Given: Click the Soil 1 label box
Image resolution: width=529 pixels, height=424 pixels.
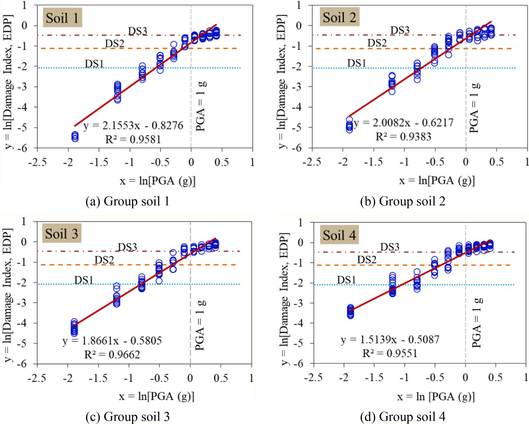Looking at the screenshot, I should (62, 18).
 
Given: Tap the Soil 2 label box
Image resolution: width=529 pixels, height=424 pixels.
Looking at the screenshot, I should (339, 18).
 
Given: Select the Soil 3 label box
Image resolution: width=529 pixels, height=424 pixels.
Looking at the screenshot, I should (62, 234).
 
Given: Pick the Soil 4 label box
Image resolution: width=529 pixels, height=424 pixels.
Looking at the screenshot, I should (339, 235).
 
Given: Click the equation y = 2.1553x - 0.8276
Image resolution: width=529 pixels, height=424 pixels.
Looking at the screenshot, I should (133, 126).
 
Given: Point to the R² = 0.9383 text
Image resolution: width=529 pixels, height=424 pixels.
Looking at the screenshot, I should (403, 136).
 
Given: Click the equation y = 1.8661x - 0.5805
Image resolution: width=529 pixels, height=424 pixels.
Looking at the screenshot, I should (112, 341).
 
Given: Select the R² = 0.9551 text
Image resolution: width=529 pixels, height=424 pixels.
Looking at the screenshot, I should (390, 353).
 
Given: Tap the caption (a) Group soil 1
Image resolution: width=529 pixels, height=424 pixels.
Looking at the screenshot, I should (128, 202).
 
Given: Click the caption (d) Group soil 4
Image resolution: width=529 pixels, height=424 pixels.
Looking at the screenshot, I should (403, 417).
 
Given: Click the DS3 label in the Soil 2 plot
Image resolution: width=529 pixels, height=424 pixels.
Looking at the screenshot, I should (400, 30).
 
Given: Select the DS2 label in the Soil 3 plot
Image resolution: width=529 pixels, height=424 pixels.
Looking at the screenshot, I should (104, 260).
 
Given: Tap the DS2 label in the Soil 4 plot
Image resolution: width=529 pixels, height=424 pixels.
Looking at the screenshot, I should (367, 259).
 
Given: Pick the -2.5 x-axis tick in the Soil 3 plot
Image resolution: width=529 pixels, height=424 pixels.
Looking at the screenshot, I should (37, 378).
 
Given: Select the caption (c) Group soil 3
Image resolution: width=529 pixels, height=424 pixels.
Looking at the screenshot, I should (128, 417).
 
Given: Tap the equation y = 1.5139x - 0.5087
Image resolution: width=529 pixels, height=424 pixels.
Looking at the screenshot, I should (390, 340).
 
